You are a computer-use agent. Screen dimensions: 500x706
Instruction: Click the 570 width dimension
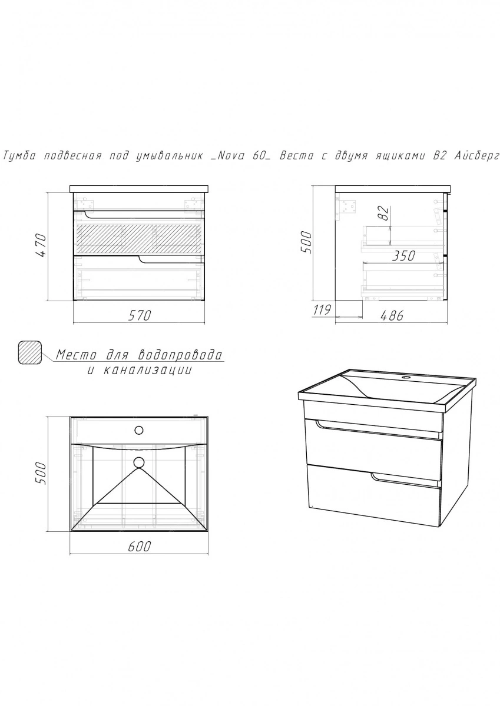140,315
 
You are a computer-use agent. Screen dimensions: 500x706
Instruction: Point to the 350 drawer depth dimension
403,256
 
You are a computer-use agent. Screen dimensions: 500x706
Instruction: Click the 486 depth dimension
392,315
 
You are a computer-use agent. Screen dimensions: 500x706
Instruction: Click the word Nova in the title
230,156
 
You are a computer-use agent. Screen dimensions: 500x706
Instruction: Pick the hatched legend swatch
30,352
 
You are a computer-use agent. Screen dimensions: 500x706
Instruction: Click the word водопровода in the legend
180,355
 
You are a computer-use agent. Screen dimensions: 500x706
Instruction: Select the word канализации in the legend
147,369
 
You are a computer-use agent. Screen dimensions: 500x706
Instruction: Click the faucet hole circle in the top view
139,429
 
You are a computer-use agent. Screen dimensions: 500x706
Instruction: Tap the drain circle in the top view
139,462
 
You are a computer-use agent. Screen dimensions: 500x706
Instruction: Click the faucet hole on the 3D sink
405,377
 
